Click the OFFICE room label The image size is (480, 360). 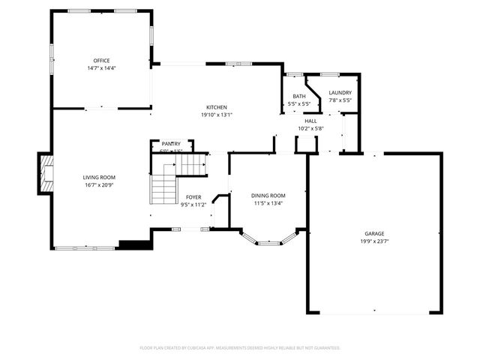coord(101,61)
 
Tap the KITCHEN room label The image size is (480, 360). coord(217,107)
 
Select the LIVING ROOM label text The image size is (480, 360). coord(99,177)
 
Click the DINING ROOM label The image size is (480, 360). coord(268,196)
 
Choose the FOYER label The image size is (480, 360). coord(193,197)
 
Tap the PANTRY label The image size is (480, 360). coord(171,144)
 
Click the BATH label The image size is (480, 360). coord(299,96)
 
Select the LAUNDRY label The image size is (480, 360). coord(340,93)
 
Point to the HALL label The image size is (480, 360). coord(310,121)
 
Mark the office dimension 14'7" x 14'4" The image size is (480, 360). coord(101,68)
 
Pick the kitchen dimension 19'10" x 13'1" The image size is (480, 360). coord(217,115)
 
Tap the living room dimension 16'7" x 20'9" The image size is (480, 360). coord(99,184)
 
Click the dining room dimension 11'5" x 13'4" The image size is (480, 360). coord(268,203)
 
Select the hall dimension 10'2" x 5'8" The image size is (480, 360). coord(310,128)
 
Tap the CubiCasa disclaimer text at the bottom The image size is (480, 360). coord(240,348)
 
